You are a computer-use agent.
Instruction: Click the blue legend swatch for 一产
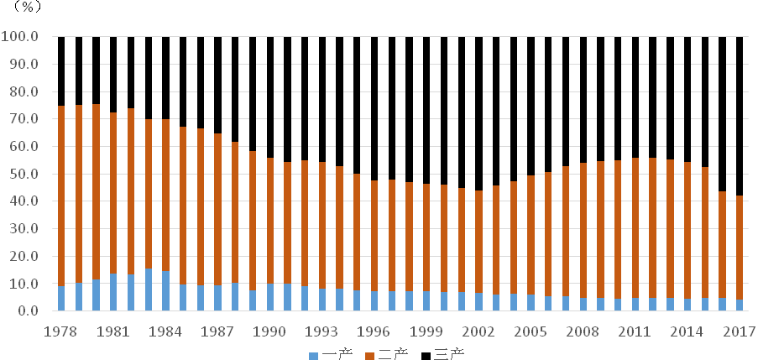pos(314,355)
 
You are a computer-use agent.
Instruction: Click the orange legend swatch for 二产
pos(369,355)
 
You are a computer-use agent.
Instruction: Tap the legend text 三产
pos(450,354)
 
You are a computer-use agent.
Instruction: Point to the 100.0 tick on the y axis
pos(20,37)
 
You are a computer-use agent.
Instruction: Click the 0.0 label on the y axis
pos(27,311)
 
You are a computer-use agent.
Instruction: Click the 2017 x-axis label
pos(740,331)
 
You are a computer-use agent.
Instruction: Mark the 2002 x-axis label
pos(478,331)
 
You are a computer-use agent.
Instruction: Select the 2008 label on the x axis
pos(583,331)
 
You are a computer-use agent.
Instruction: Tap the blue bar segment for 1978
pos(61,299)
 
